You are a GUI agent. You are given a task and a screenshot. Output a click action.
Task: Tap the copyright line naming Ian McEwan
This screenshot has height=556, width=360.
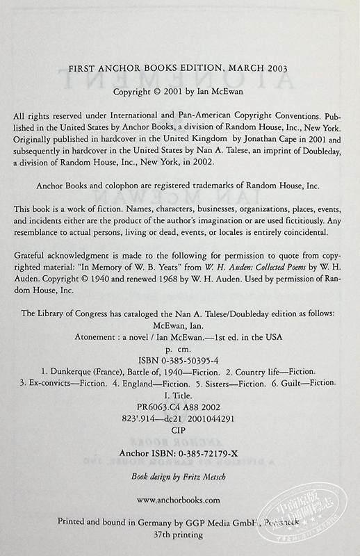[179, 90]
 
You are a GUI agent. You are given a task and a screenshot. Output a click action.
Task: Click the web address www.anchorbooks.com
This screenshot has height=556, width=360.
[179, 499]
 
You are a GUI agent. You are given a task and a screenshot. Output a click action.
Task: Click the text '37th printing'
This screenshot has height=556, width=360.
[179, 535]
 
